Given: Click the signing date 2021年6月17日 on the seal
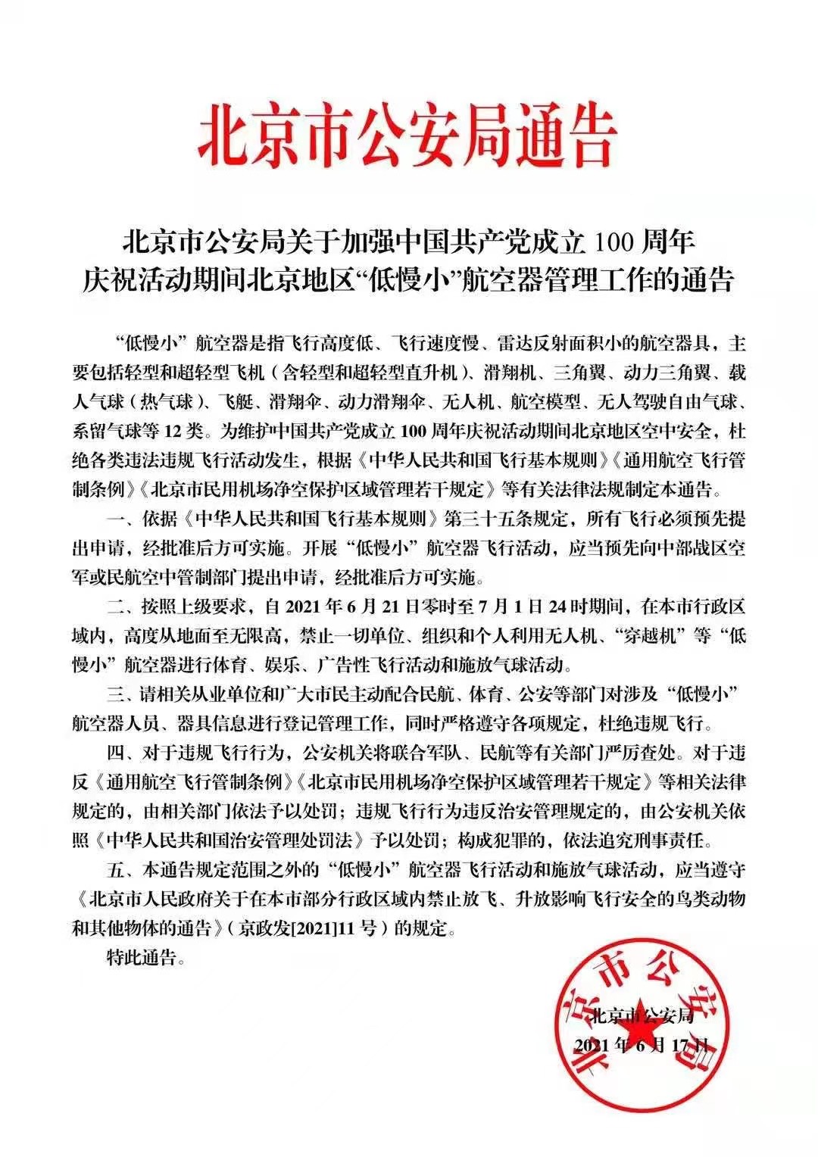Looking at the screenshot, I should (x=643, y=1045).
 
